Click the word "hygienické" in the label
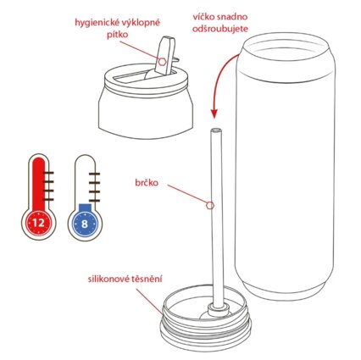click(x=93, y=23)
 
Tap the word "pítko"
click(x=117, y=35)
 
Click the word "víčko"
click(x=204, y=17)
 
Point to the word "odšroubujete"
click(x=220, y=29)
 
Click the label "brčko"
click(x=147, y=183)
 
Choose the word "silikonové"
click(x=108, y=279)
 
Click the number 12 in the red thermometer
click(x=39, y=223)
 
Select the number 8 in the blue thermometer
click(x=85, y=224)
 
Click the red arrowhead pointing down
click(x=214, y=114)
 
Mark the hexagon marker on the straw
click(x=210, y=206)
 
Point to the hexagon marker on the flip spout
click(x=162, y=62)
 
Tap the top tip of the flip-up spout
click(x=168, y=37)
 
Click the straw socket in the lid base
click(x=218, y=308)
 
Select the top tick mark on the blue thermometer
click(x=94, y=174)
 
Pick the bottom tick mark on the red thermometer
click(x=48, y=200)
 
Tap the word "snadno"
click(x=232, y=17)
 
